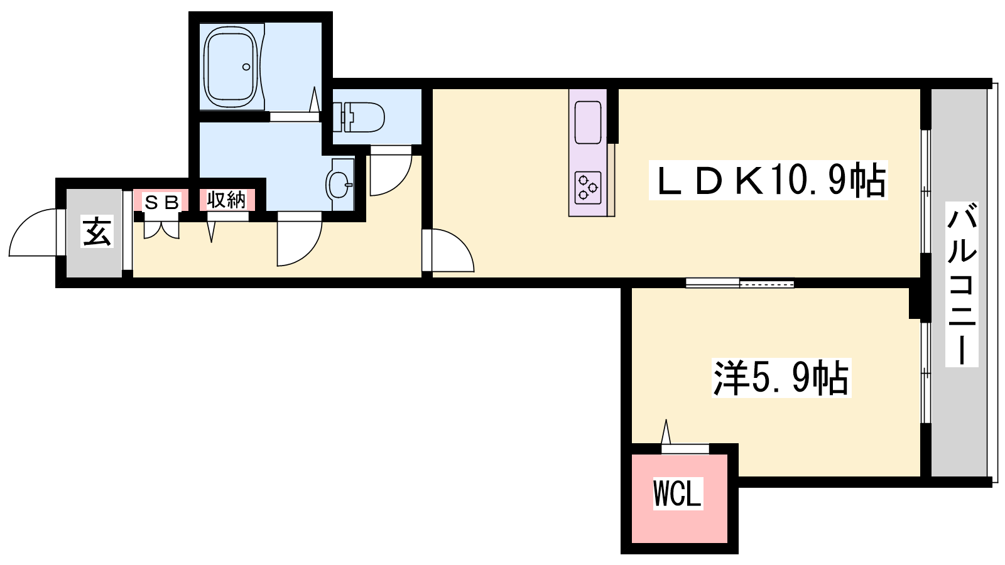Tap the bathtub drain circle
coord(246,67)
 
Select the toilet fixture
coord(359,117)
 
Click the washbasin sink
coord(340,184)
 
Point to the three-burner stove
coord(588,188)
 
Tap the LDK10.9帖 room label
coord(768,180)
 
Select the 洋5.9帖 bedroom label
coord(781,377)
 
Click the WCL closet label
coord(678,493)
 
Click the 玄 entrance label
coord(97,232)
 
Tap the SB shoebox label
coord(162,203)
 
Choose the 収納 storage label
coord(227,200)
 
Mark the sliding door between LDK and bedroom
coord(740,283)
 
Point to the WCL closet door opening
coord(685,449)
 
